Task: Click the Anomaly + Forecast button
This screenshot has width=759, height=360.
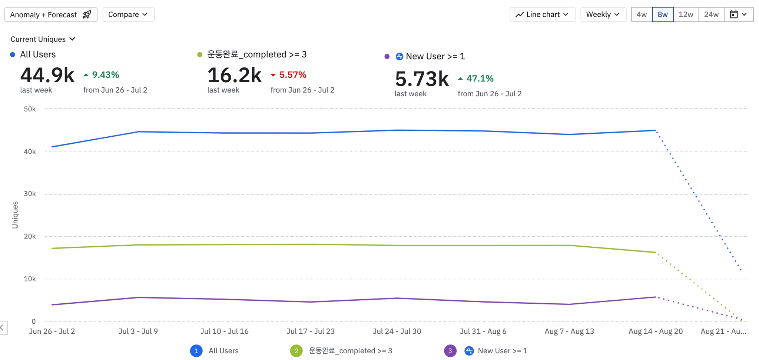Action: pos(51,15)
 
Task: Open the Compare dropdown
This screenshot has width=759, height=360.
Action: pos(128,15)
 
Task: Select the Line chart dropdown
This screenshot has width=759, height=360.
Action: pos(542,15)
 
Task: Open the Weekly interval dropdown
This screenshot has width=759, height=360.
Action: pos(603,15)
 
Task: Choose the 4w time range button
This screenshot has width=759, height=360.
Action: pos(642,15)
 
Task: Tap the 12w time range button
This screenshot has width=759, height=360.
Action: pos(686,15)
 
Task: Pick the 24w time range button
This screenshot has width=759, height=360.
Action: pos(711,15)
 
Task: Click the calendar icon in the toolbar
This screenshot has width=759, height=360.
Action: pos(734,15)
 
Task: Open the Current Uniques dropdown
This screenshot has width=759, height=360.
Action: pos(43,39)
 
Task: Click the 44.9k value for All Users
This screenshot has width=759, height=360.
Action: pos(47,75)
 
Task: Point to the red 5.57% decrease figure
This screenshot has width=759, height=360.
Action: pos(292,75)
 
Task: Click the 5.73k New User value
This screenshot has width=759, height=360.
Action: pos(422,79)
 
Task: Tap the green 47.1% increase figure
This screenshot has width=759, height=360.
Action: pos(480,79)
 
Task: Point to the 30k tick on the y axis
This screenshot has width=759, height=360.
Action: pos(30,194)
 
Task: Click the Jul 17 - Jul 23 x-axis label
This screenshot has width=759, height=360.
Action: pos(311,331)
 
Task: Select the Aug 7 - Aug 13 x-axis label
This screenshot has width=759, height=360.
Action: pos(569,331)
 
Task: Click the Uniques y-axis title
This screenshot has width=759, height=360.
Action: pos(15,215)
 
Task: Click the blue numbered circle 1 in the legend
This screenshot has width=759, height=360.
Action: pos(196,351)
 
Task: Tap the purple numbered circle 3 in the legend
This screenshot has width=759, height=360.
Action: pos(450,351)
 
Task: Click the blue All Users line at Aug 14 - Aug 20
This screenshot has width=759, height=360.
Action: pos(655,130)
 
